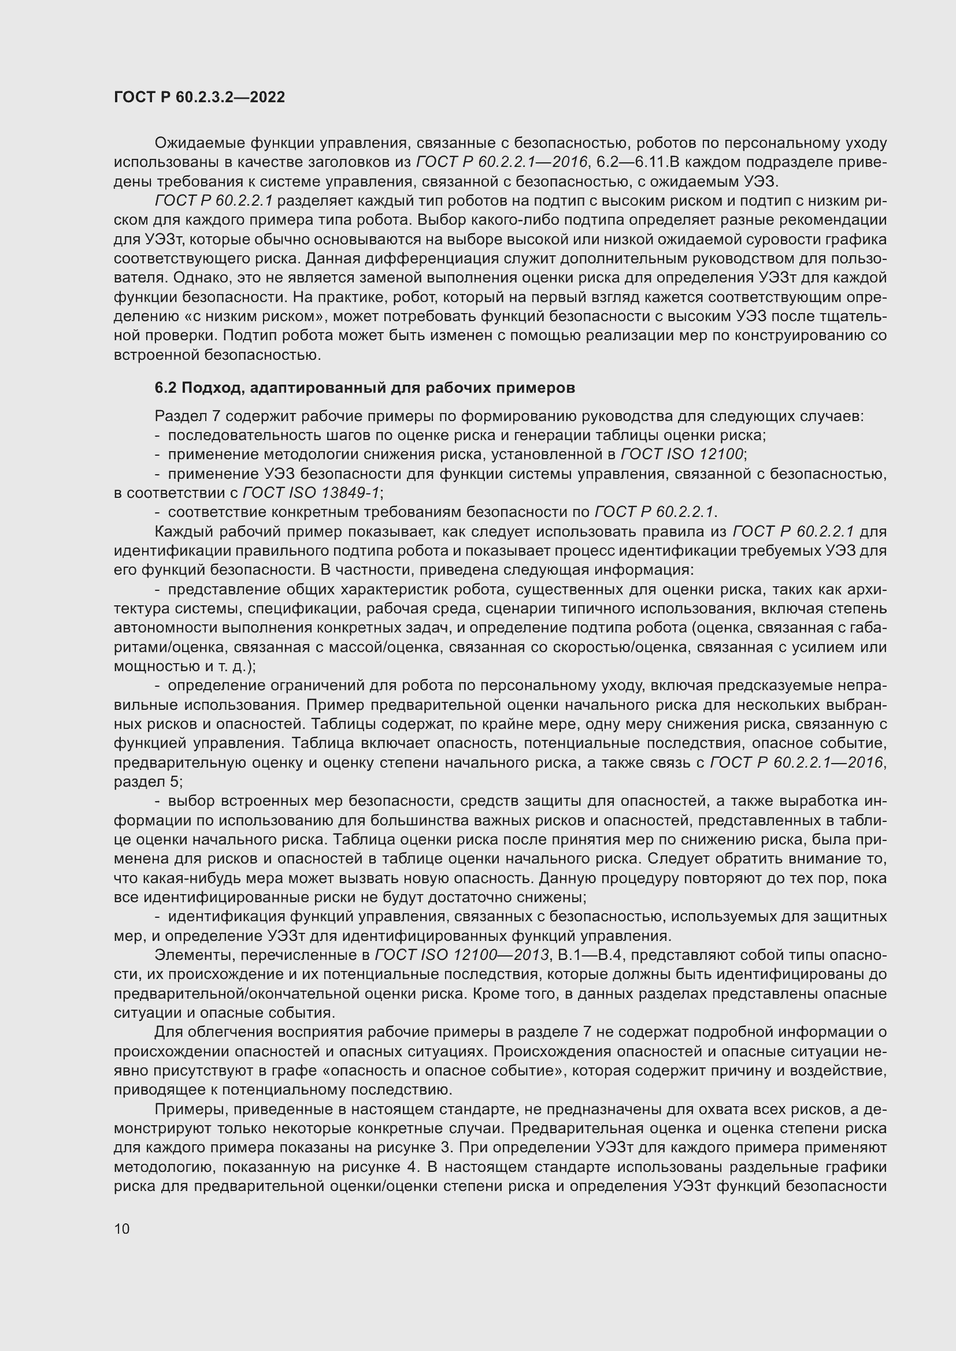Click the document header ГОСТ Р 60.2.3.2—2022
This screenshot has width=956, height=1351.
click(x=199, y=98)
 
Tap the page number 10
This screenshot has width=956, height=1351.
click(x=122, y=1229)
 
